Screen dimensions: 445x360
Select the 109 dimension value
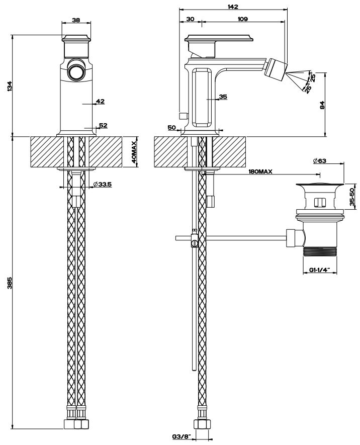click(x=242, y=19)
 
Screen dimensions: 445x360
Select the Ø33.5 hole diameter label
click(x=103, y=185)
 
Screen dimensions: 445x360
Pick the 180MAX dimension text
click(x=260, y=172)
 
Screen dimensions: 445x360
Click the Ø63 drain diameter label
click(x=320, y=161)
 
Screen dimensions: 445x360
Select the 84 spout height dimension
click(x=322, y=105)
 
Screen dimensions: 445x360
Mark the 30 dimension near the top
click(x=190, y=19)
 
